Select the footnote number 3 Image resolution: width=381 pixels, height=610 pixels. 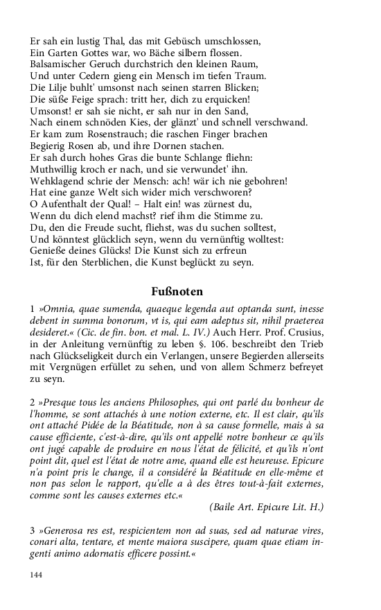33,531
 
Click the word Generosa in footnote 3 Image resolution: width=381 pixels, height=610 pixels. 67,531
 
